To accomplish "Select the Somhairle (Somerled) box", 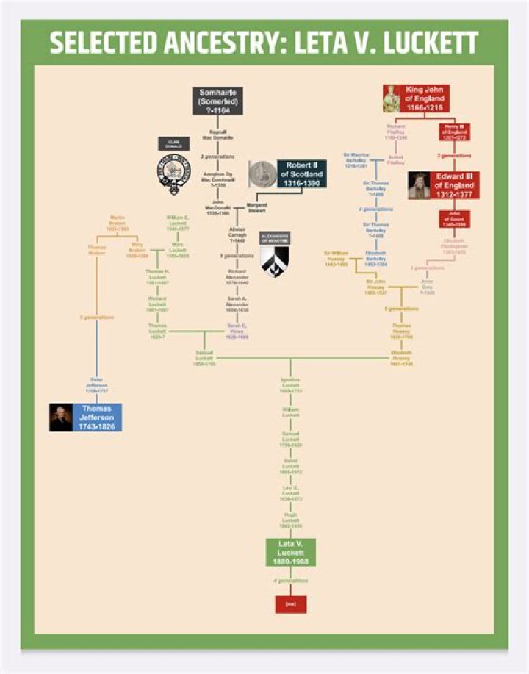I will coord(217,101).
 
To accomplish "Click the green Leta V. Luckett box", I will coord(290,552).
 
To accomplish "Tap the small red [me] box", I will coord(290,604).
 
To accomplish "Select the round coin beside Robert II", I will coord(262,175).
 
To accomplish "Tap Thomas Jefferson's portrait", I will coord(61,417).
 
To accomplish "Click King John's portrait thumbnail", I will coord(391,98).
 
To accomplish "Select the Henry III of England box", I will coord(453,132).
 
